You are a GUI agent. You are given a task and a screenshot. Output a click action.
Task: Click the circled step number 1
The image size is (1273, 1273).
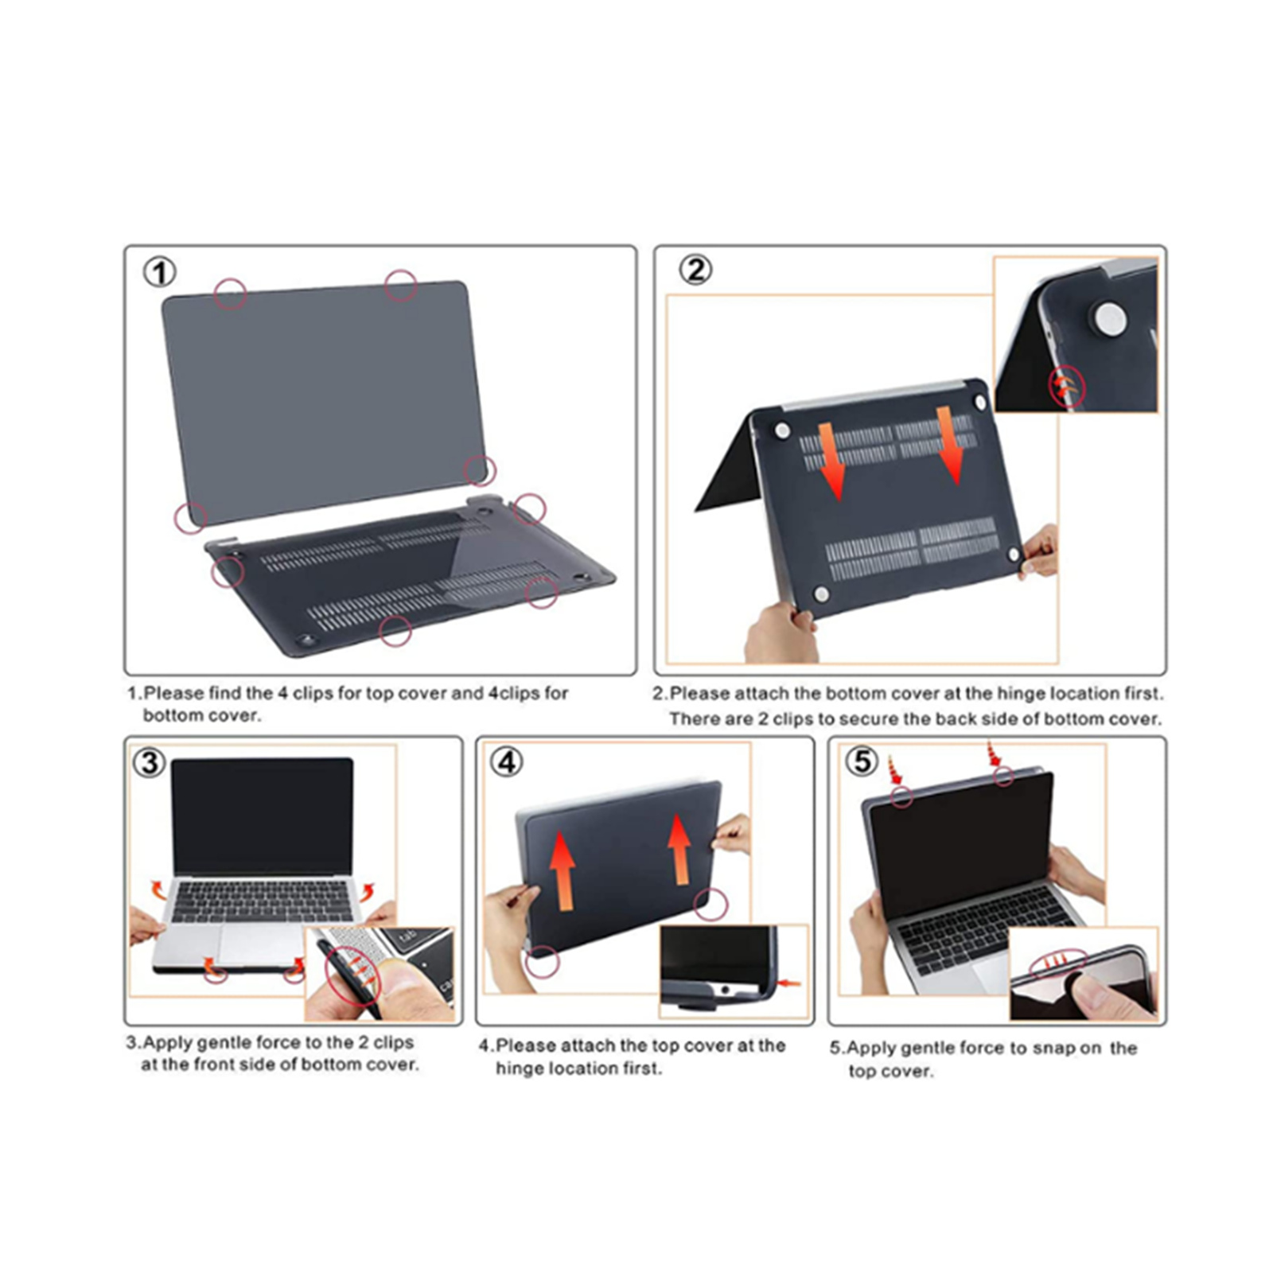(x=159, y=273)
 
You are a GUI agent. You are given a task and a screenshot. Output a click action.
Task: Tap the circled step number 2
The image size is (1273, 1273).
(x=695, y=271)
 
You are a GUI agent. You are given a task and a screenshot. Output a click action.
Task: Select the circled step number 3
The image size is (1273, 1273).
(x=149, y=763)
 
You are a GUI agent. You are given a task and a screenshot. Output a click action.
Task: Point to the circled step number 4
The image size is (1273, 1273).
(x=507, y=763)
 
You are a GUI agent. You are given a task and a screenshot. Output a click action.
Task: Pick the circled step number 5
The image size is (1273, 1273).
(x=862, y=761)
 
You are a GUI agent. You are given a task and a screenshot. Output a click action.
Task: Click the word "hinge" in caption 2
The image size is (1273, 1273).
(x=1021, y=694)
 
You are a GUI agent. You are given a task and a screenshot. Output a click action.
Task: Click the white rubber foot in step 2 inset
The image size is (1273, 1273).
(x=1111, y=317)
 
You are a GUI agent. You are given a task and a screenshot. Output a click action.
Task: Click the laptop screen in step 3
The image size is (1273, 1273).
(x=263, y=817)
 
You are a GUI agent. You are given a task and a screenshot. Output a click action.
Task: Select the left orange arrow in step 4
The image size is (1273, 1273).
(x=563, y=870)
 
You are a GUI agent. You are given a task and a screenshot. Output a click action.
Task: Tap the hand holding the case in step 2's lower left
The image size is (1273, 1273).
(x=781, y=633)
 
